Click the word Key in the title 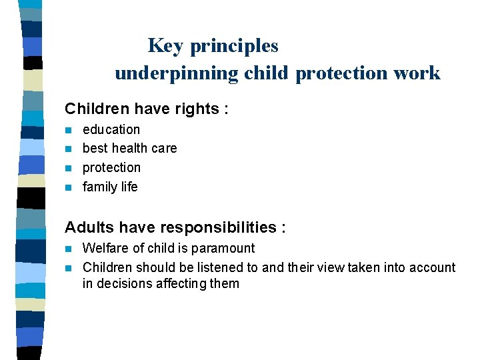166,46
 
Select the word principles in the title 234,46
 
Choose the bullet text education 111,129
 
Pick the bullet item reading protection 111,167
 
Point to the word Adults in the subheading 90,227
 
